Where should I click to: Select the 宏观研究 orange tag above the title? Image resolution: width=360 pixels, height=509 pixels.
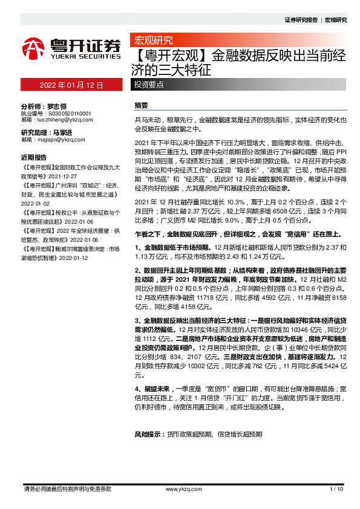click(152, 41)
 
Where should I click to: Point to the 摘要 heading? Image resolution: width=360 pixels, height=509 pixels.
click(140, 105)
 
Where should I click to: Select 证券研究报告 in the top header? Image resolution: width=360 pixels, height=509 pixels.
click(301, 19)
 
